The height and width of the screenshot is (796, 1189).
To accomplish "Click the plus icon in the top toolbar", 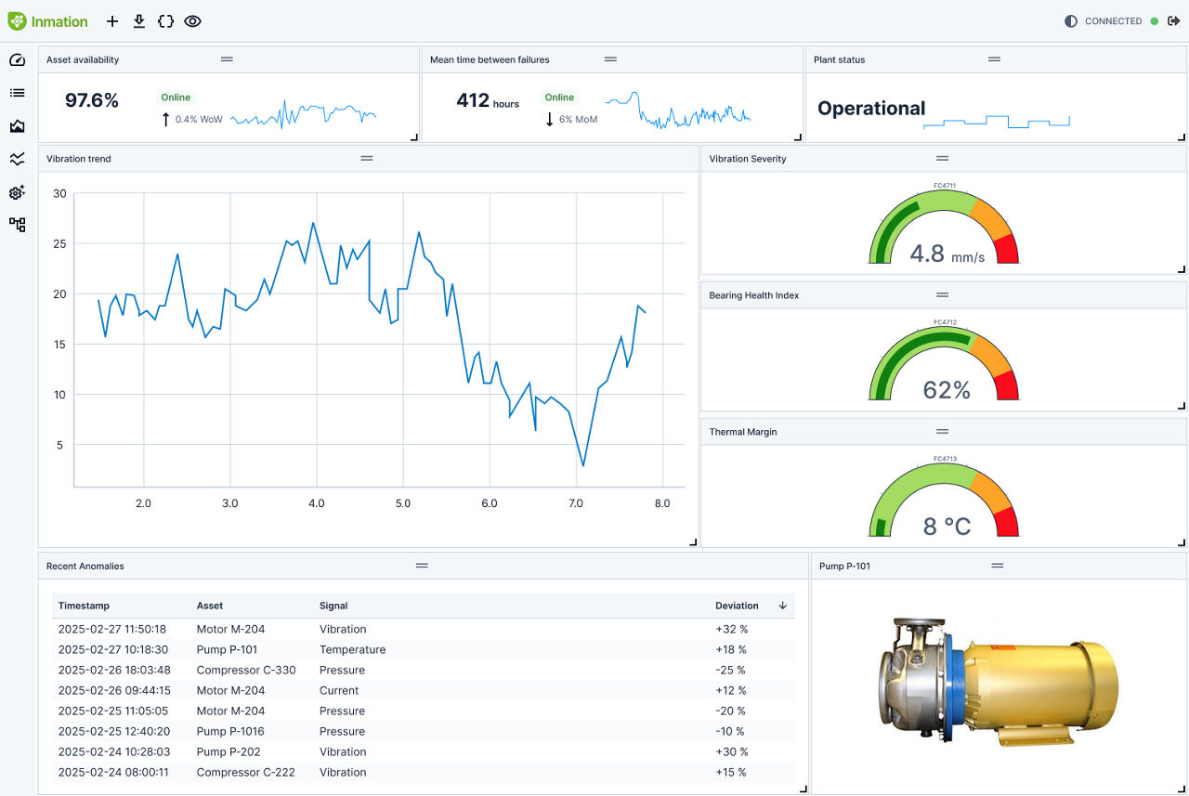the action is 112,21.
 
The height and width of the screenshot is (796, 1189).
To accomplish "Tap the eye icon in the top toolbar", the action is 192,21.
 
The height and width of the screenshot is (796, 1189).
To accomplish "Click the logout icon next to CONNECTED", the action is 1173,21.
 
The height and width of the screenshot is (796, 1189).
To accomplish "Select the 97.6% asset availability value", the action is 92,100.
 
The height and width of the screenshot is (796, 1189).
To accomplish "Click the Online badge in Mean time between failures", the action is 559,98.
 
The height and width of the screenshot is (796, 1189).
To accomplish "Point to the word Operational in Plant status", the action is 871,109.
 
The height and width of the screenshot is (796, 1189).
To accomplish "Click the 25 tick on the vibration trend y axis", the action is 59,243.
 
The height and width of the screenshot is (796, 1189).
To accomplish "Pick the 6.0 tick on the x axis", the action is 490,503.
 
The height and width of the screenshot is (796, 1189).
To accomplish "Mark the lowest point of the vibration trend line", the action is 582,465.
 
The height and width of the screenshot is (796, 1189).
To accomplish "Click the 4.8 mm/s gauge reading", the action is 947,254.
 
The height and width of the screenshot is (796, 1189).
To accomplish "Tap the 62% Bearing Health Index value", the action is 947,390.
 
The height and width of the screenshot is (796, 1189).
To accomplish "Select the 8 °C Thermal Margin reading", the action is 947,527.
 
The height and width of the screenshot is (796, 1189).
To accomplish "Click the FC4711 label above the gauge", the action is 945,185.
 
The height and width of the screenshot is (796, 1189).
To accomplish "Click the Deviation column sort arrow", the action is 782,606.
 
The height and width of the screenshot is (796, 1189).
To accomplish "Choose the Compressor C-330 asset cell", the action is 246,670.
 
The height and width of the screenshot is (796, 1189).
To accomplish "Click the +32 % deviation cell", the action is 731,629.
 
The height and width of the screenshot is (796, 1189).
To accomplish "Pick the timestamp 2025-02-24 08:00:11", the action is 113,772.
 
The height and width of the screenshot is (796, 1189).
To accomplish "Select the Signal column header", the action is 333,606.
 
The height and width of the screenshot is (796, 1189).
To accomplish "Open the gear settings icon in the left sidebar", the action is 17,192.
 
